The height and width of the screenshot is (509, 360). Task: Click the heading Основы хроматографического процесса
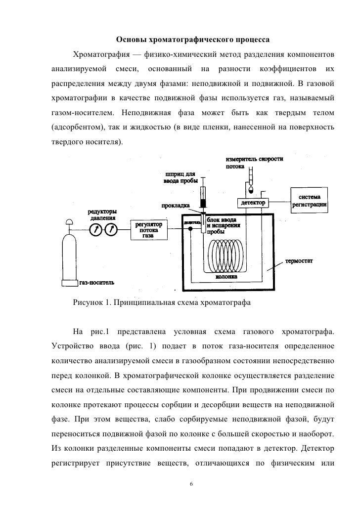[192, 39]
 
